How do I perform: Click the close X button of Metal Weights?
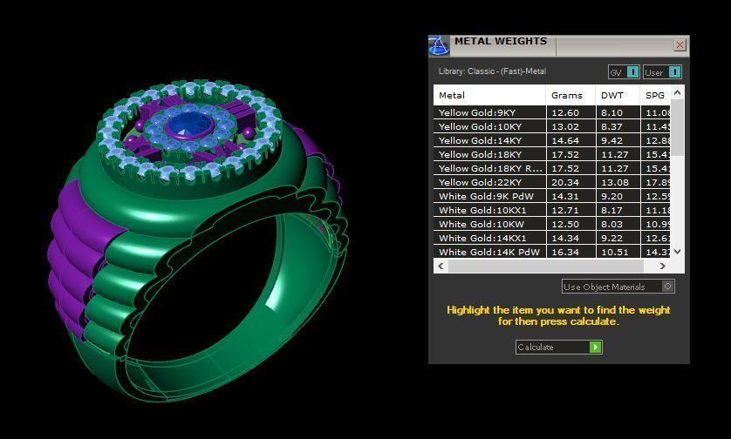tap(680, 45)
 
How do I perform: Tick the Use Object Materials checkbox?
tap(668, 286)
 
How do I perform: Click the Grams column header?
tap(567, 95)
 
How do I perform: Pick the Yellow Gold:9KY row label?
tap(477, 112)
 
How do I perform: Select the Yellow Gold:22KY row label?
tap(480, 182)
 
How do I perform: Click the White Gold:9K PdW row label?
tap(486, 196)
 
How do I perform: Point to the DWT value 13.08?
tap(614, 182)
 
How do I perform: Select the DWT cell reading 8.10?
tap(611, 112)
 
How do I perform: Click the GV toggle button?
tap(624, 72)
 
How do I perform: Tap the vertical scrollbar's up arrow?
tap(678, 92)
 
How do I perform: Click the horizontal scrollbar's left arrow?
tap(440, 266)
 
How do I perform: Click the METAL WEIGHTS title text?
tap(500, 41)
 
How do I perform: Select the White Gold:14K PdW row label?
tap(488, 252)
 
